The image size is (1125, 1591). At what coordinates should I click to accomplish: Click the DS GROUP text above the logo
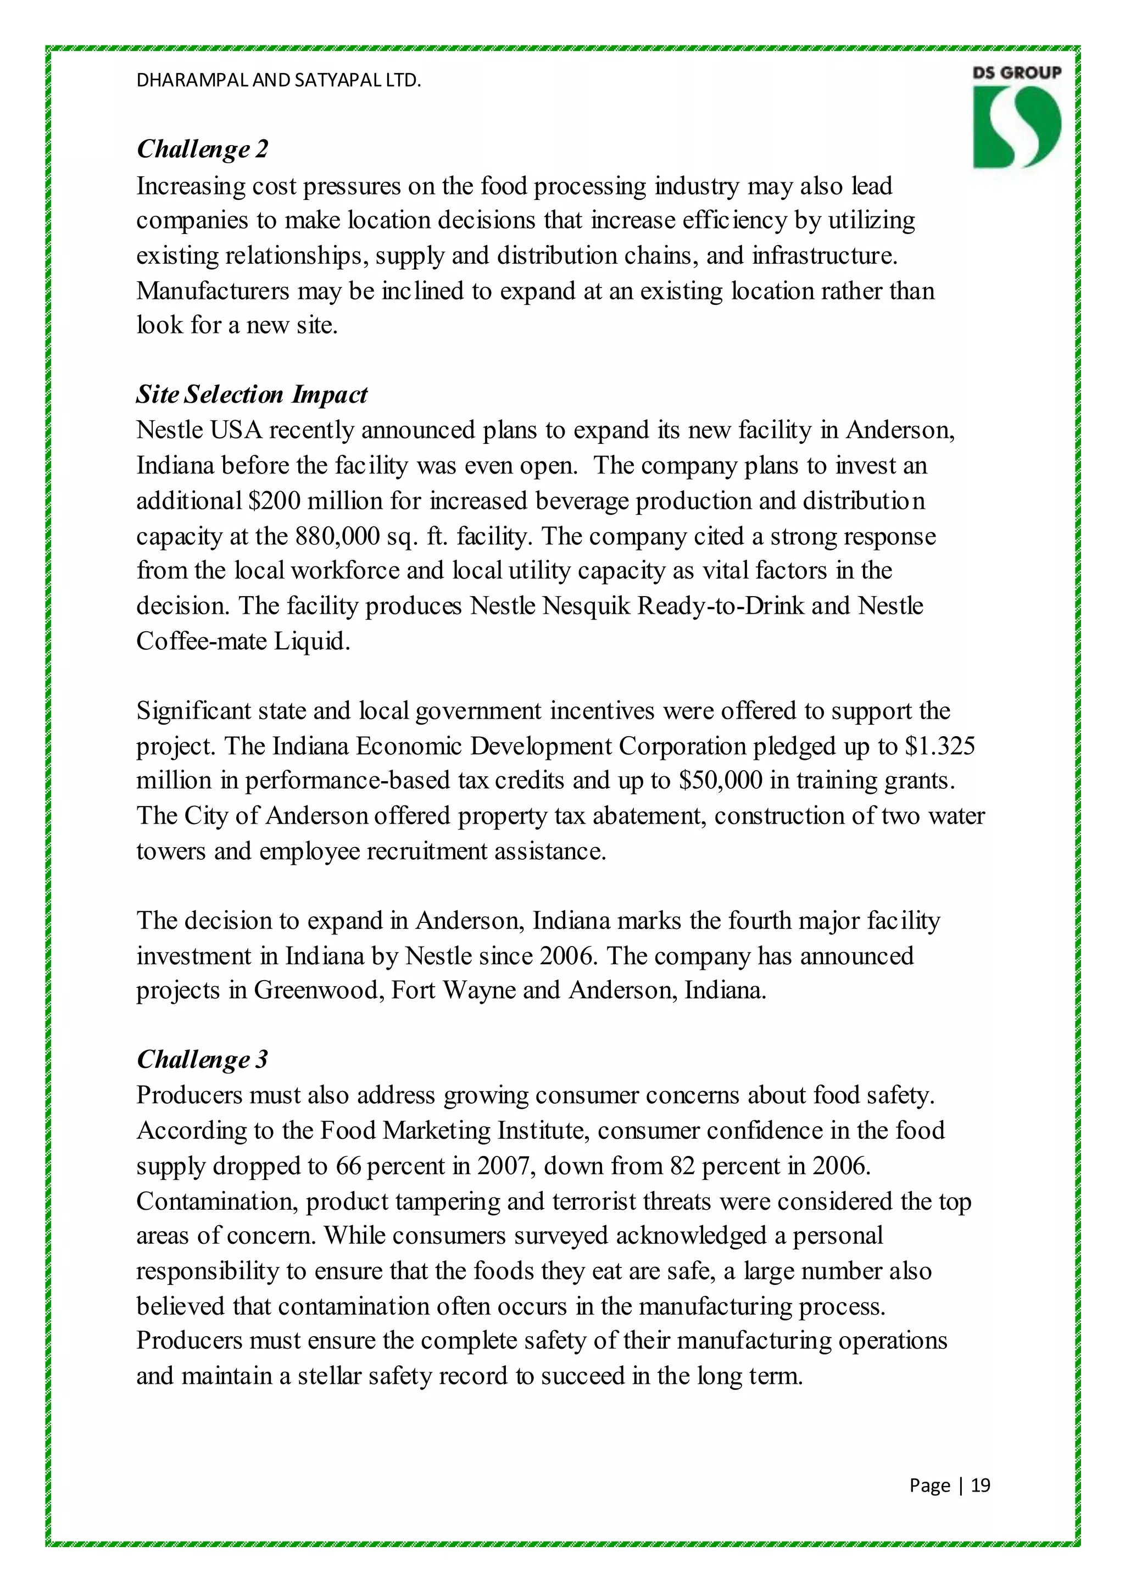1016,73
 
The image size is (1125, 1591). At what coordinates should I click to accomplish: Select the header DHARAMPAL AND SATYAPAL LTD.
279,80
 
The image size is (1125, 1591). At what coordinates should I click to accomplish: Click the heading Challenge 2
202,149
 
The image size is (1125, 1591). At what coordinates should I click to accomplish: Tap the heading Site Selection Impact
252,394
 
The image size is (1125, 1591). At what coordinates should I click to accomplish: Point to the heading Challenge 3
202,1060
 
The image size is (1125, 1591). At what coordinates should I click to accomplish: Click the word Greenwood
318,990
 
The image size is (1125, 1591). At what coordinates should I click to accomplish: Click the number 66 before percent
348,1166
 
